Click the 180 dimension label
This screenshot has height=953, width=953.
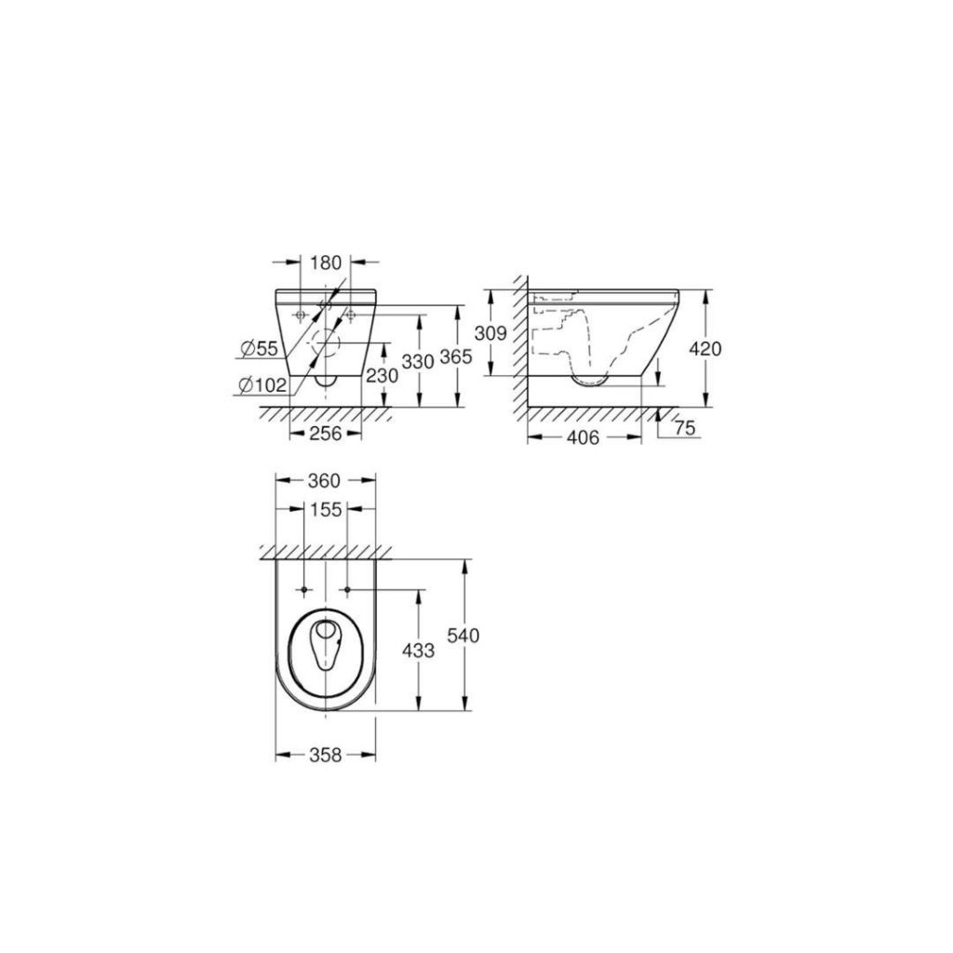327,262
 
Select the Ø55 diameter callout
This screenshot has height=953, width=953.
259,349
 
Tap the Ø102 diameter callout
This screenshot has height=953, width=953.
262,384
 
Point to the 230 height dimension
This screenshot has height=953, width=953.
383,376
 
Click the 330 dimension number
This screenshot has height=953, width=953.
418,361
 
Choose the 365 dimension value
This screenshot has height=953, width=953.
456,356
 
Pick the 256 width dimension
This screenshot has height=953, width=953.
325,434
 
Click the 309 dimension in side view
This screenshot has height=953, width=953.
490,333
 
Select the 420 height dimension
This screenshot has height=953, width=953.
705,349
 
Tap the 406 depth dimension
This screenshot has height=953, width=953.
583,437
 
